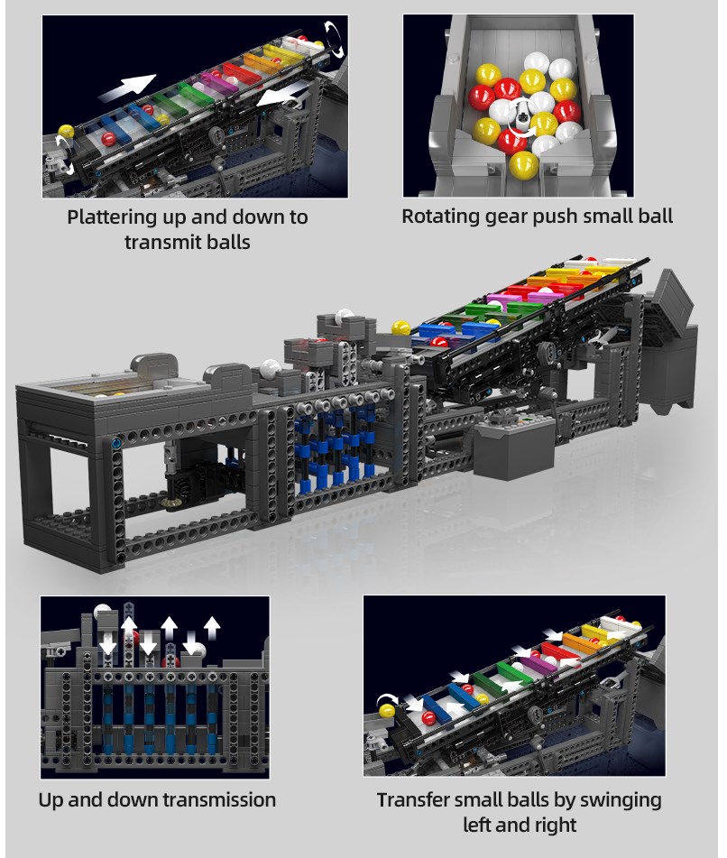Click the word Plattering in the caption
point(112,217)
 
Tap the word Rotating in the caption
point(437,217)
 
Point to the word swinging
point(621,801)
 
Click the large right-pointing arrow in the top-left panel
point(127,88)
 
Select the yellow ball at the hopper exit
point(523,165)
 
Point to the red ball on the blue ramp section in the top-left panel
point(109,138)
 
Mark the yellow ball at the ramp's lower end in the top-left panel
point(66,132)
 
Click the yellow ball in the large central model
point(401,328)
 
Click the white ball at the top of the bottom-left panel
point(103,613)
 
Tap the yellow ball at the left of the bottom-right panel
point(387,711)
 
